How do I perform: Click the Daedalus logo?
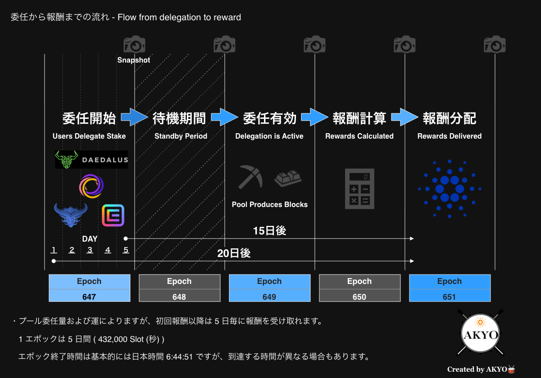pos(91,159)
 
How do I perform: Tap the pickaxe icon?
pos(250,177)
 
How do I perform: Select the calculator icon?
pos(359,189)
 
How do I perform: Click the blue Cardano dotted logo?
pos(450,189)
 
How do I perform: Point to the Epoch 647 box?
pos(89,288)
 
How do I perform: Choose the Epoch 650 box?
pos(359,288)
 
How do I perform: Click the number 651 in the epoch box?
pos(449,297)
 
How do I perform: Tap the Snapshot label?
pos(133,60)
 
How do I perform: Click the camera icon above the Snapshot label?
pos(134,44)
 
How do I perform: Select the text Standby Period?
pos(181,136)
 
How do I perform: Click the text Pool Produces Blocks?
pos(269,205)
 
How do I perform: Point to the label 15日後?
pos(269,230)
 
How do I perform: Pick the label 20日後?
pos(234,253)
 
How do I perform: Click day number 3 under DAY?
pos(90,250)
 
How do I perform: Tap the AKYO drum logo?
pos(480,333)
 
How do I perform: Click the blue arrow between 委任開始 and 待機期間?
pos(134,117)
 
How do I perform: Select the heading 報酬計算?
pos(359,118)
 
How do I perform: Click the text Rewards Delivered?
pos(450,136)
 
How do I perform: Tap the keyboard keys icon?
pos(288,179)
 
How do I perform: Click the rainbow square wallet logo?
pos(113,215)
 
